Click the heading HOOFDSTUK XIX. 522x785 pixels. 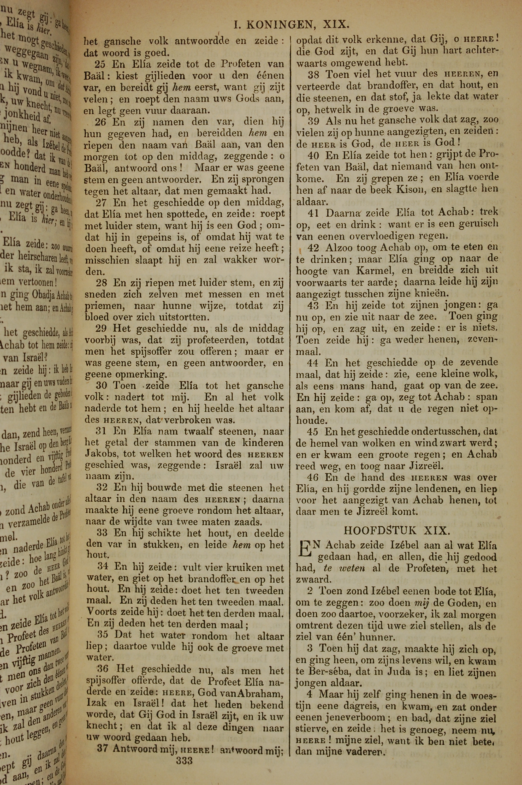pos(397,530)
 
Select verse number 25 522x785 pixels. pos(100,64)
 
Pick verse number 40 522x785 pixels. pos(313,155)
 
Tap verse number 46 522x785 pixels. pos(313,477)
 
